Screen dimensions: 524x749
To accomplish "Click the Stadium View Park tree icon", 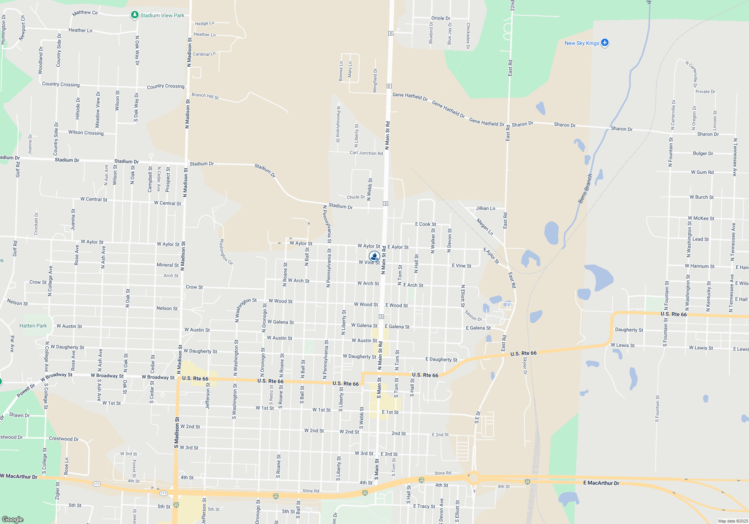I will click(135, 15).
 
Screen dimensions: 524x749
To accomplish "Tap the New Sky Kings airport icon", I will click(605, 43).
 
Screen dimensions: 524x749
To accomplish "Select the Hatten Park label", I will click(33, 326).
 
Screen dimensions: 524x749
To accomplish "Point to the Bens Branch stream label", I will click(585, 189).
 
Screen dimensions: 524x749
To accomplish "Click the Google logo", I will click(12, 519).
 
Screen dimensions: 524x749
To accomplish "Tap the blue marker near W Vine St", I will click(374, 256).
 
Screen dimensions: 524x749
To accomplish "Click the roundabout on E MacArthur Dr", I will click(474, 478).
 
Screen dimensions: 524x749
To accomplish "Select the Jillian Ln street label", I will click(485, 208).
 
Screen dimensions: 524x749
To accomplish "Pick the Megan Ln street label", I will click(485, 227).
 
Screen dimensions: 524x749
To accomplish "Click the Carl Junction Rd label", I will click(366, 153).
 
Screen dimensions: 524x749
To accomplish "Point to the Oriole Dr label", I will click(441, 18).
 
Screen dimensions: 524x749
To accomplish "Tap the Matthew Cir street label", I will click(85, 13).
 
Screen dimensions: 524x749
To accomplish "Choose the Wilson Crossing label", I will click(86, 132).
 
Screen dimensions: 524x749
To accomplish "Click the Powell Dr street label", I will click(26, 391).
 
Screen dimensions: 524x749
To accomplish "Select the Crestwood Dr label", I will click(64, 439).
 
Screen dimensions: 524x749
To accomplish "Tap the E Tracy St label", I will click(424, 506).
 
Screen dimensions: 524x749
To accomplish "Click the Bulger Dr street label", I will click(703, 153).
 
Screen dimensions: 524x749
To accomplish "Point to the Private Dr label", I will click(705, 92).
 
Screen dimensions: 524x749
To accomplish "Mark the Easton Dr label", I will click(473, 315).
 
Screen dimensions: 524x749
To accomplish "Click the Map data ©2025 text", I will click(733, 521).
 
